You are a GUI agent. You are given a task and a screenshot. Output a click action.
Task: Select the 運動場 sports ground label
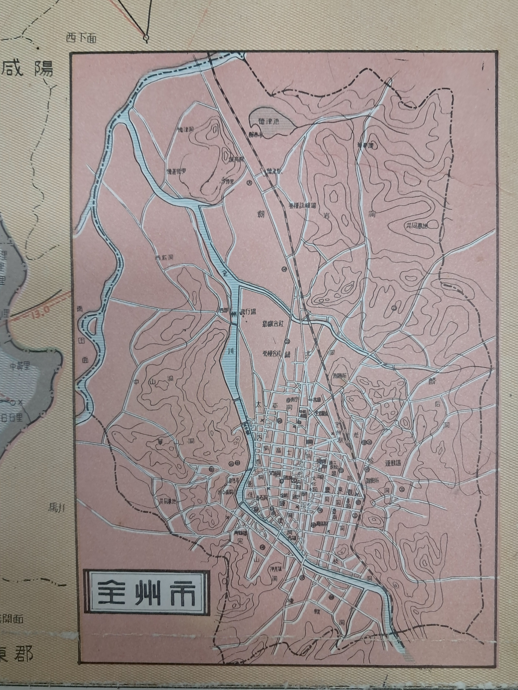(x=393, y=463)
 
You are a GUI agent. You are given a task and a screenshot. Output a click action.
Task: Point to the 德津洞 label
(x=186, y=129)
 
